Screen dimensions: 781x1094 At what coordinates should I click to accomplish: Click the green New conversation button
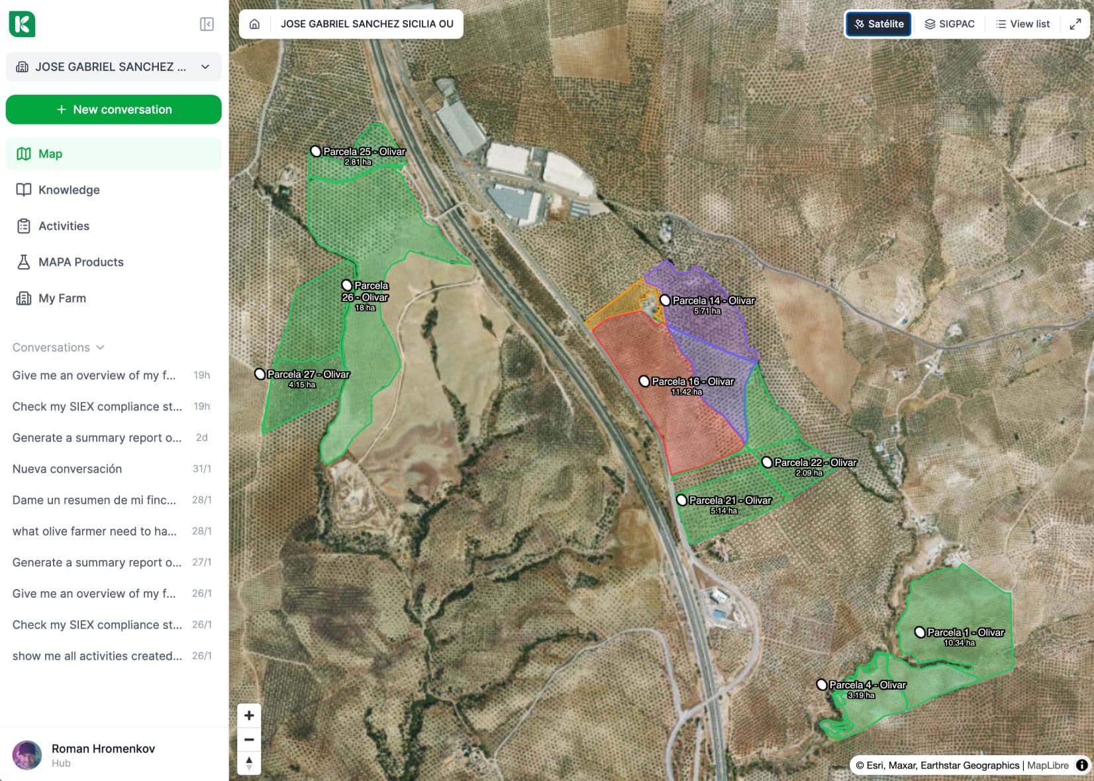[113, 109]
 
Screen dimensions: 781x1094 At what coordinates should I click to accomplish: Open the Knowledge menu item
[69, 190]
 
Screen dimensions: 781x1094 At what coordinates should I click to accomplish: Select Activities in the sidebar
[64, 226]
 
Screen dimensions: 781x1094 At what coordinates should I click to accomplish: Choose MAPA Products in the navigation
[81, 262]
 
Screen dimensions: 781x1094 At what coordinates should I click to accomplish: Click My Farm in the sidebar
[62, 298]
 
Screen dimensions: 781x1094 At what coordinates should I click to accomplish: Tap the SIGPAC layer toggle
[950, 24]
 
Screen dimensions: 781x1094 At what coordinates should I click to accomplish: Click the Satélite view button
[879, 24]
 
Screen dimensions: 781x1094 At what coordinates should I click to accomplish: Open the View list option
[1023, 24]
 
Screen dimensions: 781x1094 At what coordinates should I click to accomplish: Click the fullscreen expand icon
[1075, 24]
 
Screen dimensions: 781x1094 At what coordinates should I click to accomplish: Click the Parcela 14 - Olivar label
[713, 300]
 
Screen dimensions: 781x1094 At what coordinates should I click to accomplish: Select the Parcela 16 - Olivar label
[693, 381]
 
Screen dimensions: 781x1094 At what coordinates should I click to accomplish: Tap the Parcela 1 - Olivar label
[966, 632]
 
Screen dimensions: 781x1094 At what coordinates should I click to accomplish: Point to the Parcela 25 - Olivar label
[364, 152]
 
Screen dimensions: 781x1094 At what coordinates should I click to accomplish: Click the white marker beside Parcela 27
[260, 374]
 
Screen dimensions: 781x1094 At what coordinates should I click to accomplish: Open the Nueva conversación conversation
[67, 469]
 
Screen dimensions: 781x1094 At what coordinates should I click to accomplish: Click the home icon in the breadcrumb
[254, 24]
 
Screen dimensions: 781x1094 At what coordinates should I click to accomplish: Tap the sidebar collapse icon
[207, 24]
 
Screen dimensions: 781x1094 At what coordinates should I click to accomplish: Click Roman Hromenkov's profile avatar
[27, 755]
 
